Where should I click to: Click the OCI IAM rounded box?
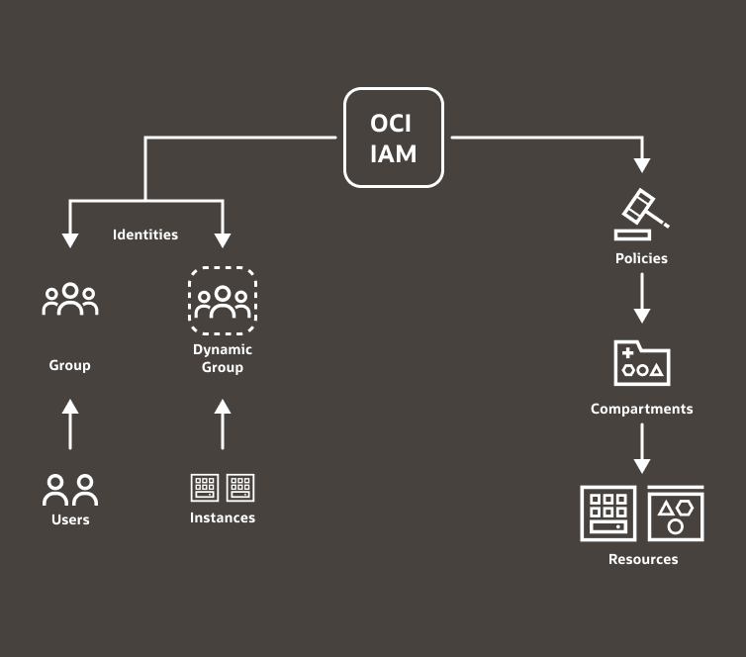coord(394,138)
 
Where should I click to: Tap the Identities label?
coord(145,235)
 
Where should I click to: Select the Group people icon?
coord(70,299)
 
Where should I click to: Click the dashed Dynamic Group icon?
coord(223,301)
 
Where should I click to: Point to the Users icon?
coord(70,490)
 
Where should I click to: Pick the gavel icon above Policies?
coord(642,214)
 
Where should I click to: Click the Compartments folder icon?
coord(642,363)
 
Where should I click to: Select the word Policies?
coord(641,258)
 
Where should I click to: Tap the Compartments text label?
coord(642,409)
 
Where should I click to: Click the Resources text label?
coord(643,559)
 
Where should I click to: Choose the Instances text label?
coord(223,517)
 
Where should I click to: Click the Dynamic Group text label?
coord(223,358)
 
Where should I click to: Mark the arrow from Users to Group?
coord(70,423)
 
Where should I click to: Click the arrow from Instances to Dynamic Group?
coord(223,423)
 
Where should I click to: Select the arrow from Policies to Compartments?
coord(642,298)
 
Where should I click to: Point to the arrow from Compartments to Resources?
coord(642,448)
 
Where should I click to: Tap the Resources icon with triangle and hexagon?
coord(676,514)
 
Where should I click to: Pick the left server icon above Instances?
coord(205,488)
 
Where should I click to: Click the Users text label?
coord(70,519)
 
